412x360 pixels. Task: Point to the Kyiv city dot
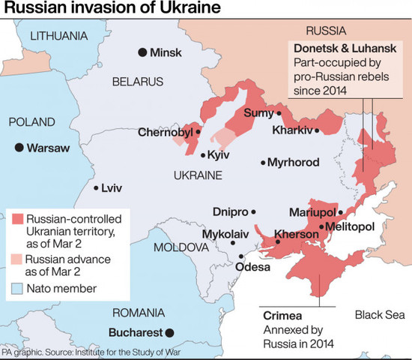point(203,155)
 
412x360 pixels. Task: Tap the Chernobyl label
point(165,133)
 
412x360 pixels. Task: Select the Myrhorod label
point(293,162)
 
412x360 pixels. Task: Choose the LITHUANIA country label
point(58,34)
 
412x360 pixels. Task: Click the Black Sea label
point(378,314)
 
